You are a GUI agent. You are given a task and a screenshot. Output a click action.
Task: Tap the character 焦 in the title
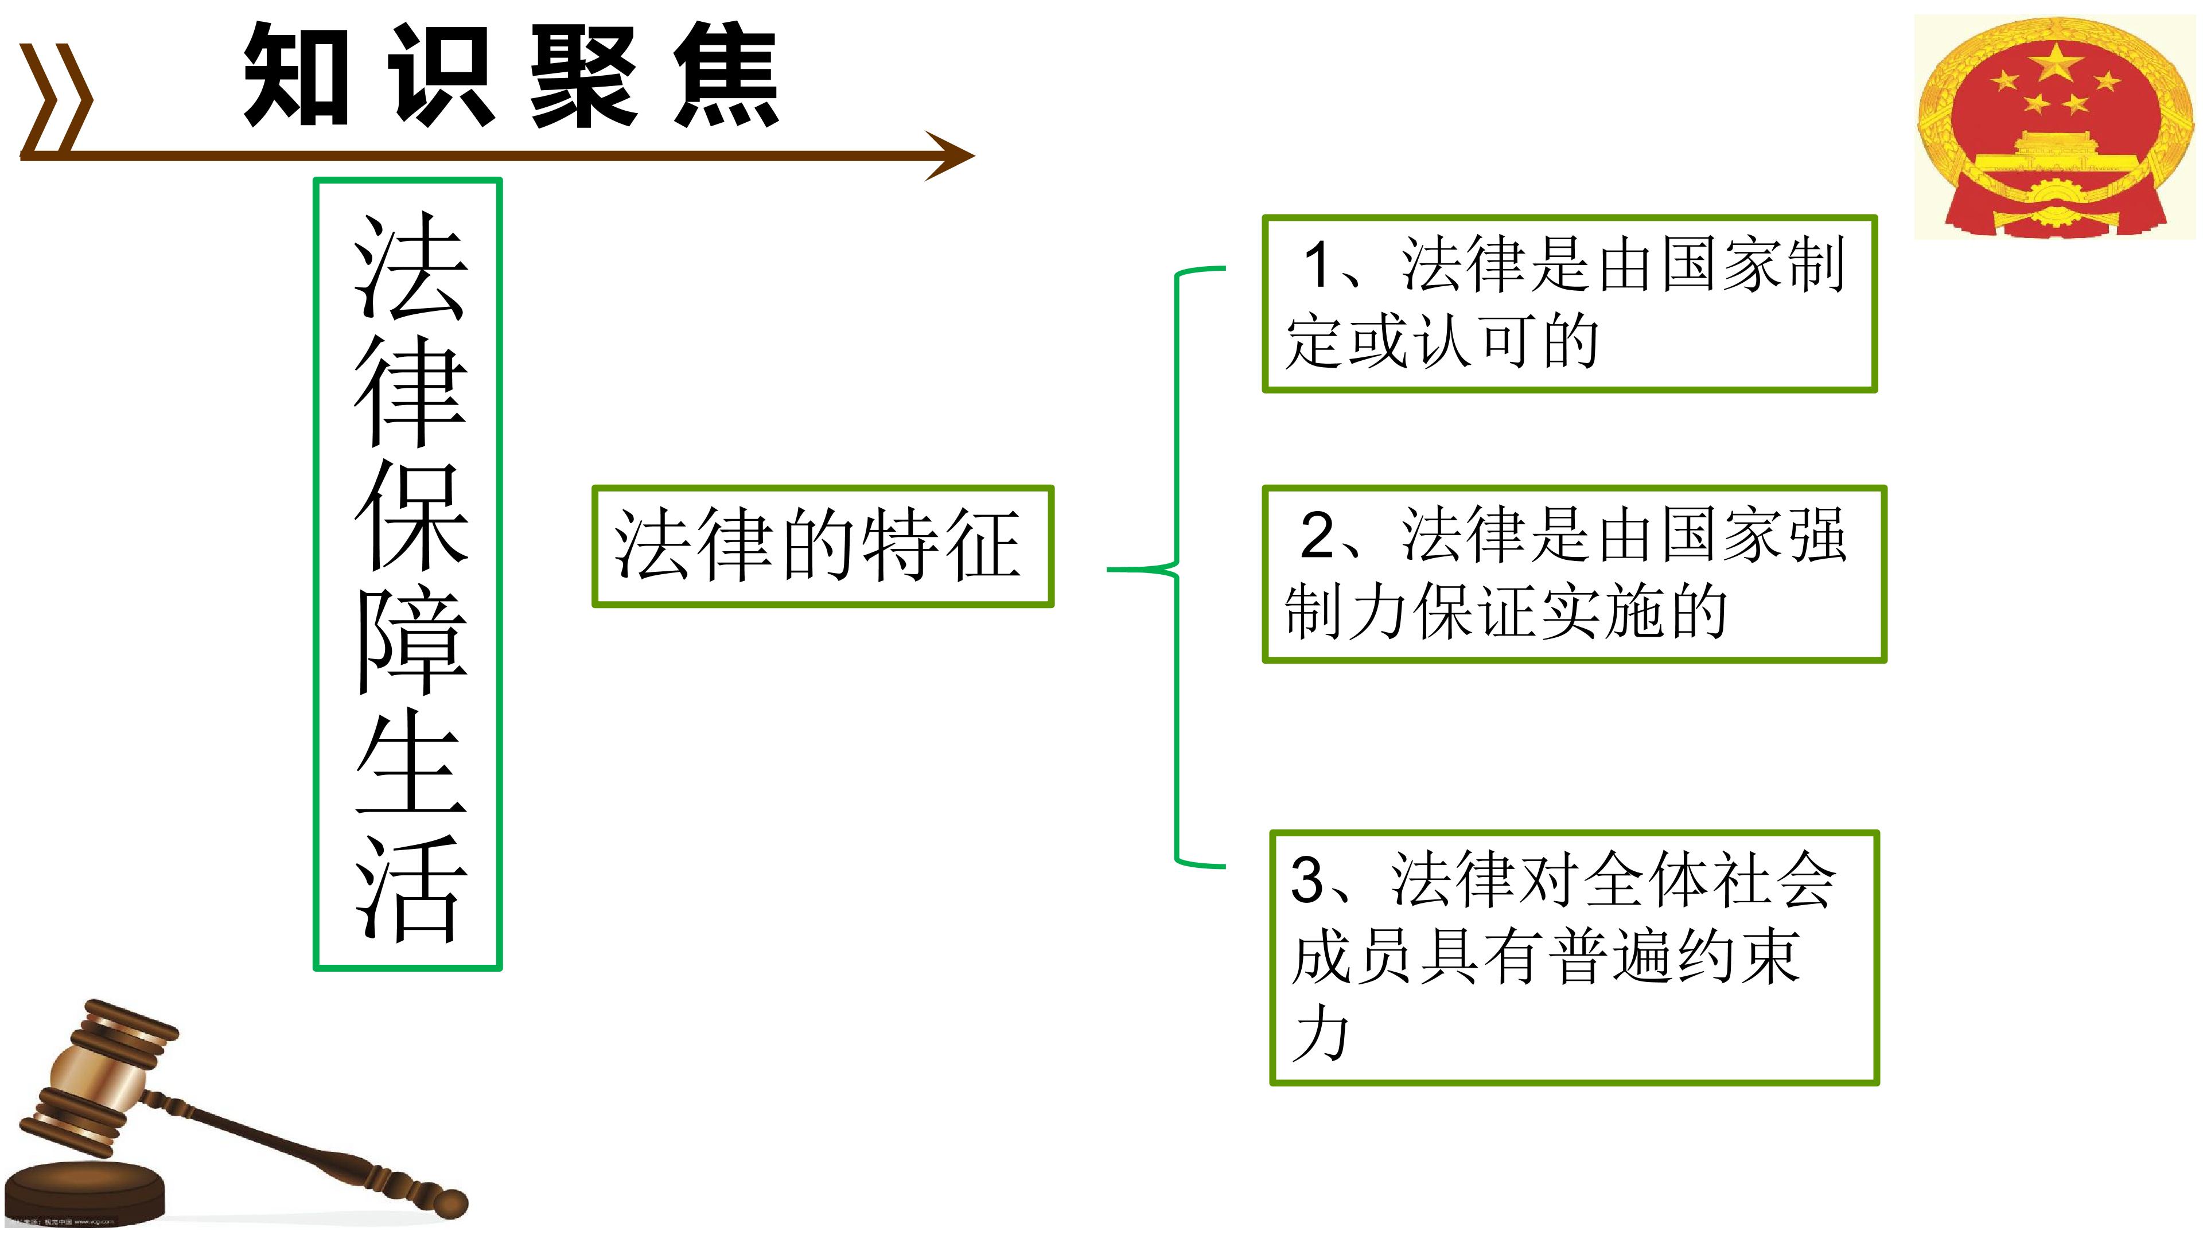point(727,75)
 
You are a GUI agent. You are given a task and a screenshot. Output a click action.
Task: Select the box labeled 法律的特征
point(823,547)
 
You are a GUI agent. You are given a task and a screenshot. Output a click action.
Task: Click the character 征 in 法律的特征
point(982,545)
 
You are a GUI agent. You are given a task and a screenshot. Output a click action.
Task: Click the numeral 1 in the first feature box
point(1317,265)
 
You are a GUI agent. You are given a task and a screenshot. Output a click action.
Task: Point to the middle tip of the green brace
point(1109,568)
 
